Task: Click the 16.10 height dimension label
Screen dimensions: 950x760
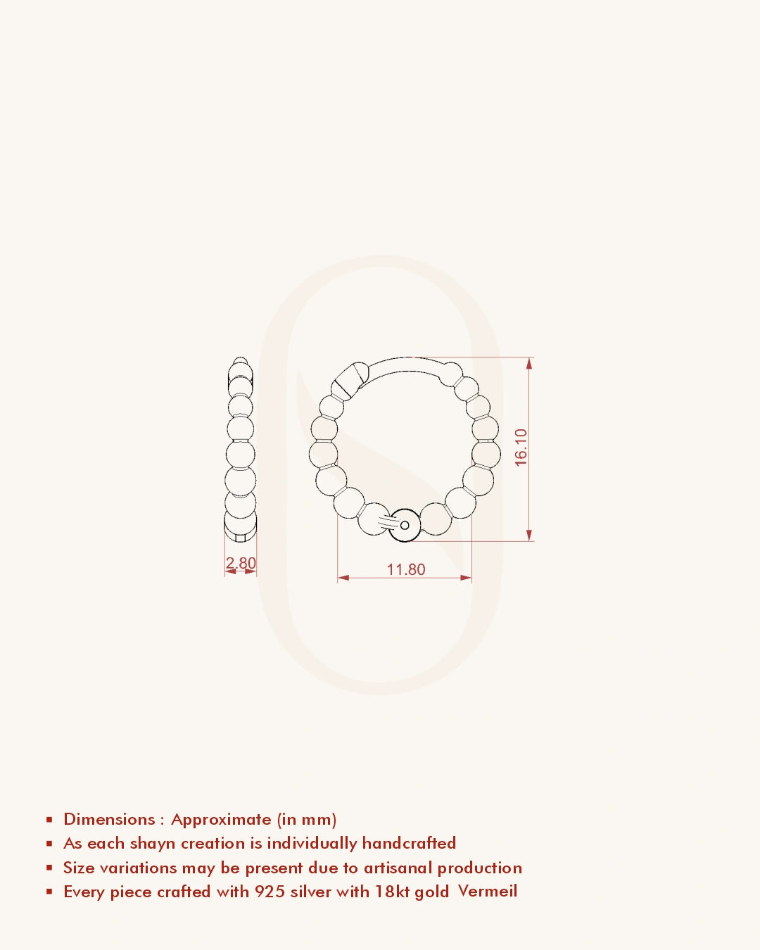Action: click(x=521, y=448)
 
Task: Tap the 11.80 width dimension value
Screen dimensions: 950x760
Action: click(x=406, y=569)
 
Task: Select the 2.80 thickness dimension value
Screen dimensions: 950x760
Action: click(x=241, y=563)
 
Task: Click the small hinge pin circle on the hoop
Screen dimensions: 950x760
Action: click(x=405, y=525)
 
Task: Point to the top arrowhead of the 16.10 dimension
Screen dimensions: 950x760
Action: click(x=529, y=363)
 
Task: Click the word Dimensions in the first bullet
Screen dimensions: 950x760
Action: click(x=109, y=819)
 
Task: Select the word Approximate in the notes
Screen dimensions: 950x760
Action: click(x=221, y=820)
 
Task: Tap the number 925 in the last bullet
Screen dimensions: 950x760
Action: click(x=270, y=892)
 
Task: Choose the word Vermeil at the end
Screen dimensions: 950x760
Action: click(x=488, y=891)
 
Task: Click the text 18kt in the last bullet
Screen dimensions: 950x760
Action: click(x=392, y=892)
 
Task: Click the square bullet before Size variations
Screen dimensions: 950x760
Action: click(x=49, y=868)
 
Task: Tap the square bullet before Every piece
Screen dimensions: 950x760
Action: click(x=49, y=892)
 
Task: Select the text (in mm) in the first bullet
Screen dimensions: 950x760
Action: click(x=307, y=820)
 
